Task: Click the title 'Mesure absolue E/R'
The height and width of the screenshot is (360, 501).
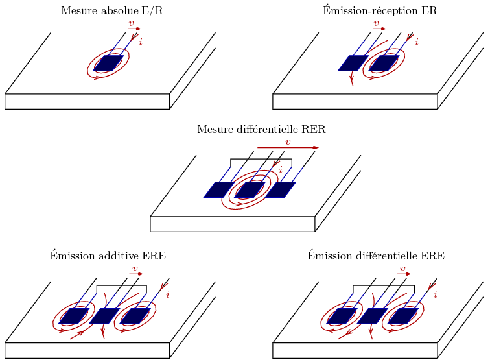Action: [x=111, y=11]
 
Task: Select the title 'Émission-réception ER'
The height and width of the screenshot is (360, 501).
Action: [x=379, y=11]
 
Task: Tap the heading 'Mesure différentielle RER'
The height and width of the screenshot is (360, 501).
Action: [x=261, y=130]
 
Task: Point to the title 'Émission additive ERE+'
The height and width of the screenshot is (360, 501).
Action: [x=111, y=256]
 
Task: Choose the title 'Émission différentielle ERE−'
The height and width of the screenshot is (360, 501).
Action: [x=379, y=256]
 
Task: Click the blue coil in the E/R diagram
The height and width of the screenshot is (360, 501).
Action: [x=108, y=63]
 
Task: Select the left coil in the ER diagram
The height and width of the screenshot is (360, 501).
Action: [x=353, y=63]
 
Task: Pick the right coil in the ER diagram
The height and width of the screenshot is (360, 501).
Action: [x=384, y=63]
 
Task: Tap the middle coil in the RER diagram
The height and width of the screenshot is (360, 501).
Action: [x=250, y=189]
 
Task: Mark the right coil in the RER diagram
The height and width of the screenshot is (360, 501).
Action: [x=280, y=189]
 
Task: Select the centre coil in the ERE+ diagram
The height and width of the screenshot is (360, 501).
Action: [x=104, y=316]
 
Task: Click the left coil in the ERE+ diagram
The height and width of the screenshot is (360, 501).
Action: [x=74, y=316]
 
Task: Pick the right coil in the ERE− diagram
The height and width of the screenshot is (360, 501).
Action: [x=402, y=316]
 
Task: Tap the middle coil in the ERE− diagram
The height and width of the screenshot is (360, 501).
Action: [x=372, y=316]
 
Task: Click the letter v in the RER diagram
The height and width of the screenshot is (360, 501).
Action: [x=288, y=142]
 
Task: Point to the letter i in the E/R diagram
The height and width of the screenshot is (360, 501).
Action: [x=141, y=42]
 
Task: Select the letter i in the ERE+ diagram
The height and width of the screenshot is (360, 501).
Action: [x=168, y=294]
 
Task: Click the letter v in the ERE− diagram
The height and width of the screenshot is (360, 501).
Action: [x=402, y=268]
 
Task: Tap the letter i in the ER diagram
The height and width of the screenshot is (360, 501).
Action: [x=416, y=42]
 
